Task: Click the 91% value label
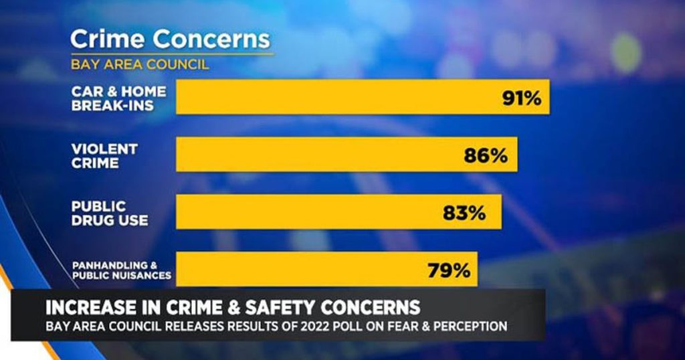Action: tap(521, 98)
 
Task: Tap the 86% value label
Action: tap(486, 156)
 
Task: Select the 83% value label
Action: tap(464, 213)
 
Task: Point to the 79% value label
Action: tap(449, 271)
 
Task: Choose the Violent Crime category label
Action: tap(104, 155)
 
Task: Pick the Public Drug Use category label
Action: tap(109, 213)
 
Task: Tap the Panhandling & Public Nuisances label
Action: tap(121, 270)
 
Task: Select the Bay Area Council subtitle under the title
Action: tap(140, 65)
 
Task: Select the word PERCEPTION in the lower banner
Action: tap(471, 326)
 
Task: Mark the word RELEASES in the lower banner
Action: tap(195, 326)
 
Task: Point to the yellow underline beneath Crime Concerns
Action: tap(172, 54)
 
